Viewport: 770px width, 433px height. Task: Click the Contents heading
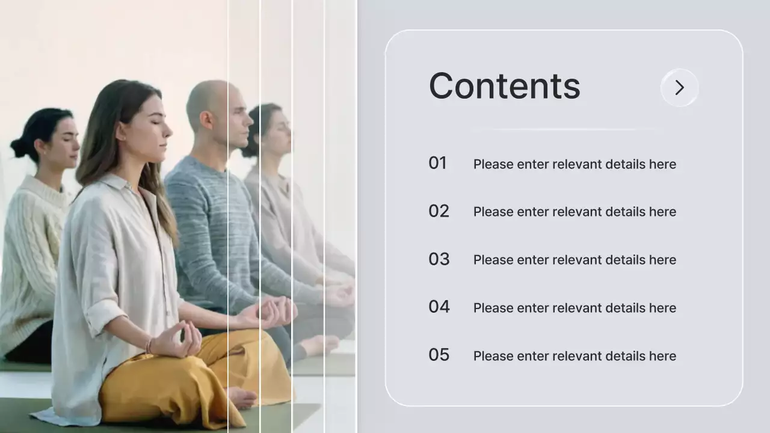pyautogui.click(x=504, y=86)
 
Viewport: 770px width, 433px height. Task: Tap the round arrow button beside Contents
pyautogui.click(x=679, y=88)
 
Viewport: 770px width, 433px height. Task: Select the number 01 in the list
pyautogui.click(x=437, y=163)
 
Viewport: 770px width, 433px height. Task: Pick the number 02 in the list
pyautogui.click(x=439, y=211)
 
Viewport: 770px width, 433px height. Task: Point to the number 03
pyautogui.click(x=439, y=259)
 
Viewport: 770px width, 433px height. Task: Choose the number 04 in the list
pyautogui.click(x=439, y=307)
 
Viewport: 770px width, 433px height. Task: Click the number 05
pyautogui.click(x=439, y=355)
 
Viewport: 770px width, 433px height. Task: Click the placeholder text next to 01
pyautogui.click(x=574, y=164)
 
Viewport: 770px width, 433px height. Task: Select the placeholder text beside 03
pyautogui.click(x=574, y=260)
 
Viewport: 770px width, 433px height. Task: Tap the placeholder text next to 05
pyautogui.click(x=574, y=356)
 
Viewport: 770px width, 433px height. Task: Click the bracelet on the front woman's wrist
pyautogui.click(x=149, y=345)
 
